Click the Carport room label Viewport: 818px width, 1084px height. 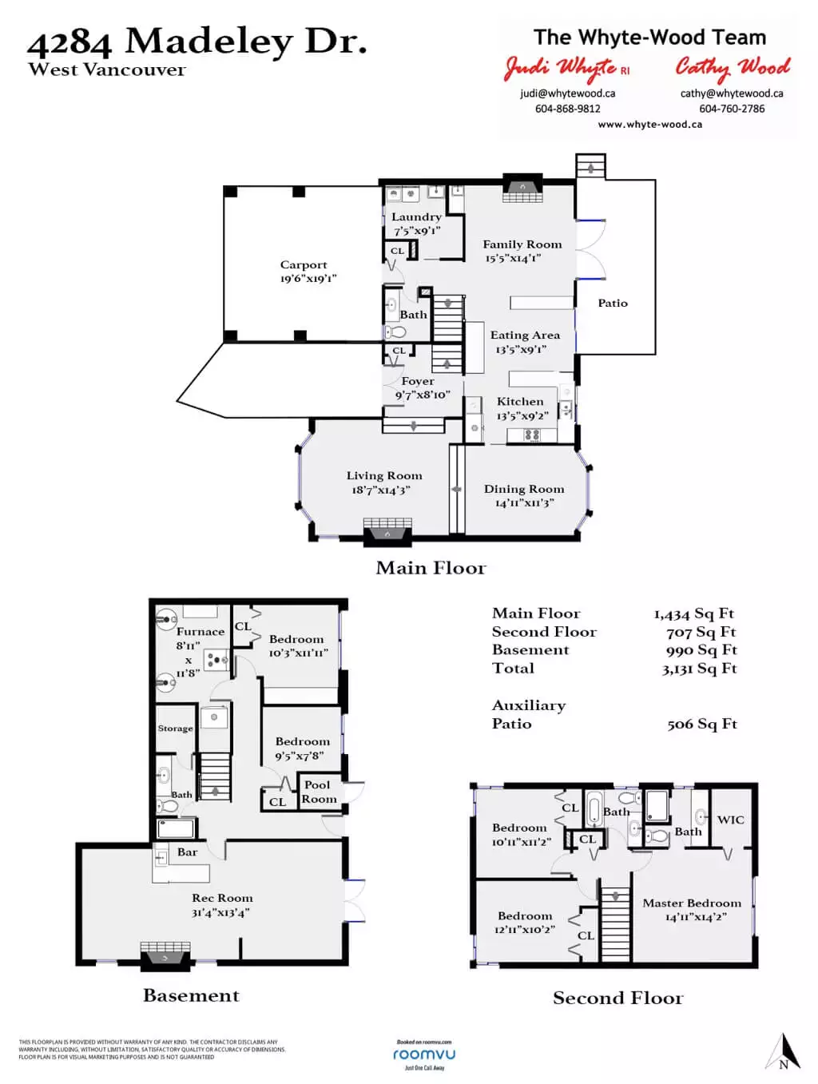(x=304, y=265)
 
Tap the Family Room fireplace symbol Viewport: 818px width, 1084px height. (x=523, y=191)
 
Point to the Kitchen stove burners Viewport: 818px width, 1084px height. (x=532, y=435)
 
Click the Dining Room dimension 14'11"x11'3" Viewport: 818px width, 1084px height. (x=524, y=503)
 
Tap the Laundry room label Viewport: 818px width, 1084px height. (x=416, y=217)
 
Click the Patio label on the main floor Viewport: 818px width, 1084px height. (x=613, y=304)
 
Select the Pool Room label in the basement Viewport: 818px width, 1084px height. (x=318, y=792)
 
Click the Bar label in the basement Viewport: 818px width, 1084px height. (x=187, y=852)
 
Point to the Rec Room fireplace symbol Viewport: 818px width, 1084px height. (x=165, y=953)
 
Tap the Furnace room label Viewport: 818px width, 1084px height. (x=201, y=632)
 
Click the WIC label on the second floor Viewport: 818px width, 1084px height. (x=730, y=820)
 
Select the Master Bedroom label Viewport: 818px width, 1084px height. (x=692, y=903)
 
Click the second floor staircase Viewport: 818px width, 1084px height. (x=615, y=922)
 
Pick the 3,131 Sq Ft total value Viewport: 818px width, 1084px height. (x=699, y=669)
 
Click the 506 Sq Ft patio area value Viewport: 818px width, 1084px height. (x=701, y=725)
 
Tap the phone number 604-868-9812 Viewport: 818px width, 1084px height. (x=567, y=109)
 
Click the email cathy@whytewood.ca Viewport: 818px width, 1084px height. (x=732, y=93)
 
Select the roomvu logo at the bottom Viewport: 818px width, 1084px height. (x=424, y=1054)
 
